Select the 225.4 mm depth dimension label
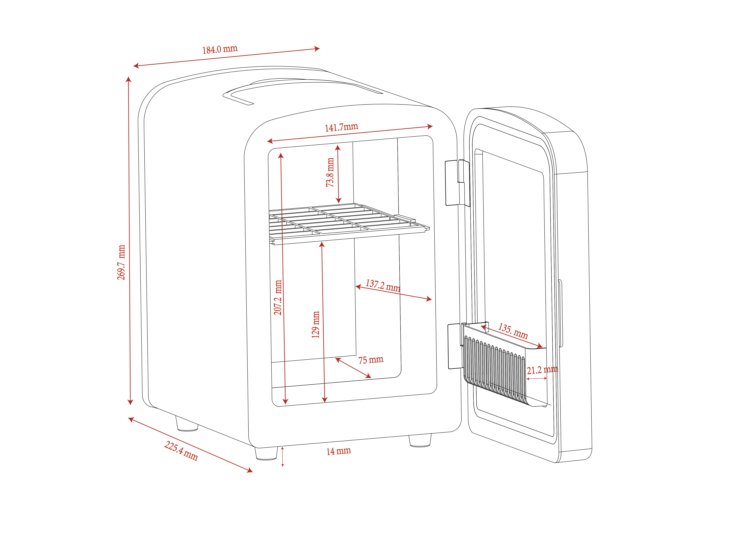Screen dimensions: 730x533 coord(181,451)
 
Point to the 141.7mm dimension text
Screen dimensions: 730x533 coord(341,127)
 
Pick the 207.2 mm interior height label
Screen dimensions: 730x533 coord(278,297)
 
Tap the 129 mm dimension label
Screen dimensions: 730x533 coord(315,325)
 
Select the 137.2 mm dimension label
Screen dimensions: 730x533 coord(383,286)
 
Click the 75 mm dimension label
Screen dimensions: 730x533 coord(371,360)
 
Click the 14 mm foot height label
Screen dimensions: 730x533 coord(339,451)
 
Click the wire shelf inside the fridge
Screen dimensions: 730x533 coord(349,223)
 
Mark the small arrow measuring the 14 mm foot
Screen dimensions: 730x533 coord(283,457)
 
